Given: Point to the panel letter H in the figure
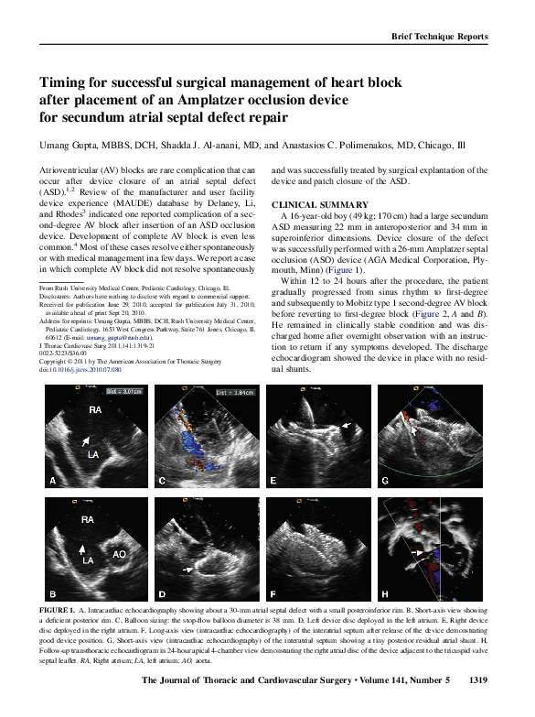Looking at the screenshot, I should (x=385, y=594).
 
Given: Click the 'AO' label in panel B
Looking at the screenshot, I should (x=120, y=554).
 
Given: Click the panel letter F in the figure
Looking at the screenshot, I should (x=273, y=594).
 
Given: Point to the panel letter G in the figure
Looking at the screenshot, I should (x=385, y=480).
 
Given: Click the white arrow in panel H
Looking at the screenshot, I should (x=417, y=553).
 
